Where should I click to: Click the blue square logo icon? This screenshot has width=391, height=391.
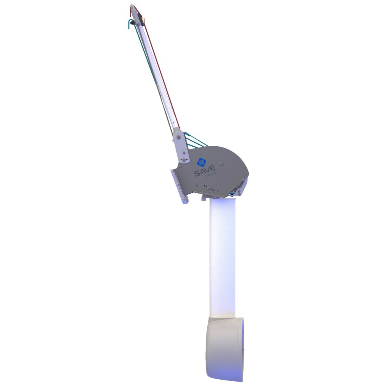click(x=201, y=162)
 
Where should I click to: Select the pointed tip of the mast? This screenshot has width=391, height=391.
click(x=132, y=5)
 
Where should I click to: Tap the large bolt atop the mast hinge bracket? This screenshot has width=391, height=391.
click(x=178, y=138)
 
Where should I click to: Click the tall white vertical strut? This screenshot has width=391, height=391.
click(x=223, y=254)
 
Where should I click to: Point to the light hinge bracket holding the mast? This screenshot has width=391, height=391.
click(x=181, y=147)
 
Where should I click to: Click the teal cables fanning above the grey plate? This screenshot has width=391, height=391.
click(x=195, y=139)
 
